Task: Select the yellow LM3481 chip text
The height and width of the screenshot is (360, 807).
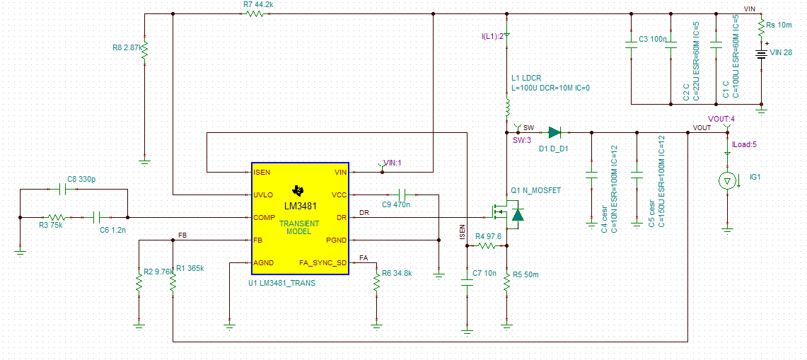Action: (x=300, y=206)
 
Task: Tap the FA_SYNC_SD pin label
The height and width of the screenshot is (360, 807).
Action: (x=323, y=262)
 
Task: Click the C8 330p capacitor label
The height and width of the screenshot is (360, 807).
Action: (x=82, y=180)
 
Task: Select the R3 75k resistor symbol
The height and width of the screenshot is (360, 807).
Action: (x=57, y=217)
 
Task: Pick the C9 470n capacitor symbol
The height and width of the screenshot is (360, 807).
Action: (x=403, y=194)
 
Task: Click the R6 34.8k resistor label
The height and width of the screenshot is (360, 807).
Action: (x=397, y=273)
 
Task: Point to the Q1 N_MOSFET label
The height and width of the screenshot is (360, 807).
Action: (x=535, y=191)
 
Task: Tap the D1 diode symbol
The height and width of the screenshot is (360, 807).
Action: (x=555, y=132)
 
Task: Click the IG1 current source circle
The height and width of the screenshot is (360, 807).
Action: (x=726, y=182)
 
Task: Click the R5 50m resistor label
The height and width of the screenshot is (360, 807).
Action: (x=526, y=274)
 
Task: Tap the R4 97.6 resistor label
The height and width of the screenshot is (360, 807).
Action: (x=488, y=236)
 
